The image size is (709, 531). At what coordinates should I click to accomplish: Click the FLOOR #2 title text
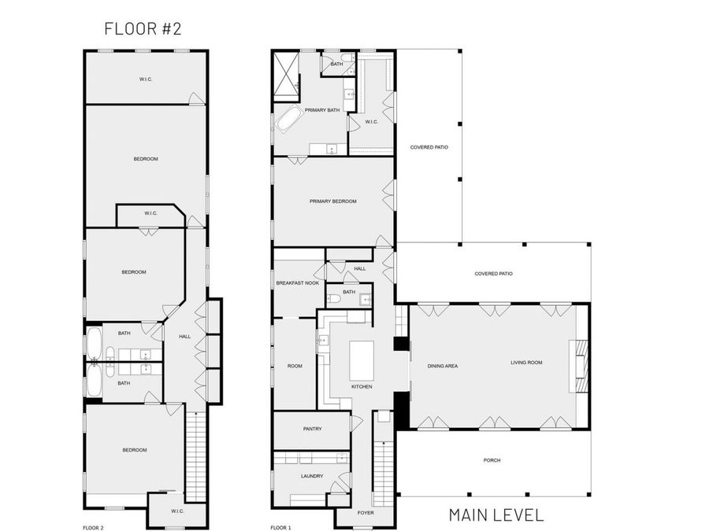143,29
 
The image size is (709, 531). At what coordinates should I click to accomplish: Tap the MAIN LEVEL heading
496,515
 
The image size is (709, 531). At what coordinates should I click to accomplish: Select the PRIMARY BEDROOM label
332,201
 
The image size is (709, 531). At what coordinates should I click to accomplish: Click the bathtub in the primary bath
288,121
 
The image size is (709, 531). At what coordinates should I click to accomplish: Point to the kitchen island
362,360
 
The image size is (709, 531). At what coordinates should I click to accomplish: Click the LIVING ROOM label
526,363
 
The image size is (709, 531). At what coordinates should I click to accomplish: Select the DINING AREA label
443,366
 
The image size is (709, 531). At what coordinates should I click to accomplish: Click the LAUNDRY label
312,476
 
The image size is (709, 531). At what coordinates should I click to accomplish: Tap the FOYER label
365,513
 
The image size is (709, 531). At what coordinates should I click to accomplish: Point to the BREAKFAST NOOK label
297,282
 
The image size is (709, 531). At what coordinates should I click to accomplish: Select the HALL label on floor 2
184,337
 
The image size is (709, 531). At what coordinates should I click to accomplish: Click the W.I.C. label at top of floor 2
146,78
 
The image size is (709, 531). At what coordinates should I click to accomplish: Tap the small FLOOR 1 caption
280,528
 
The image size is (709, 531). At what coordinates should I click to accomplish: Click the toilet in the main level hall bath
334,298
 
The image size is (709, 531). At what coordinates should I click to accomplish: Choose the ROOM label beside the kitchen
295,366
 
